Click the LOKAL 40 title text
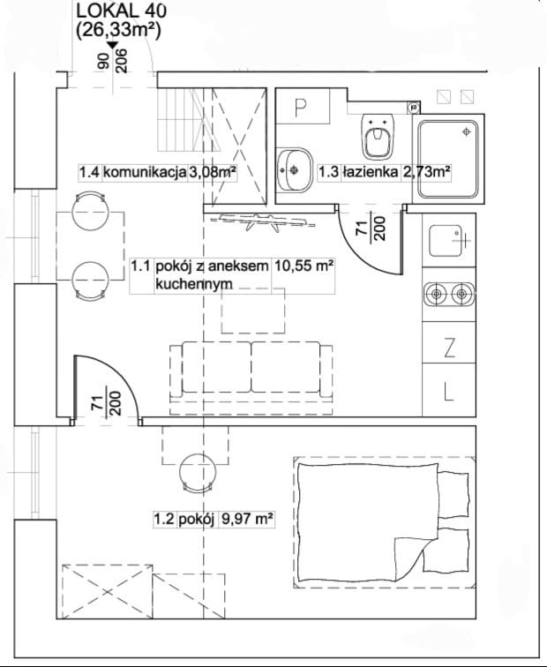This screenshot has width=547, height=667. (x=121, y=11)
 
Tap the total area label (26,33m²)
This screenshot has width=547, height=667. (x=119, y=31)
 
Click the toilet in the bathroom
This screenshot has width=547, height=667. (x=378, y=136)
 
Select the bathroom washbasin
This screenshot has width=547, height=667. (x=295, y=170)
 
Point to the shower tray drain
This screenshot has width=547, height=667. (x=467, y=131)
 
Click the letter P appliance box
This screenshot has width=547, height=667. (x=303, y=107)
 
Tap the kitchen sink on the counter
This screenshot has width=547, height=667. (x=447, y=241)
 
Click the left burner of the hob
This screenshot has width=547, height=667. (x=437, y=294)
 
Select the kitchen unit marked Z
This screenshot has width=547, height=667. (x=449, y=342)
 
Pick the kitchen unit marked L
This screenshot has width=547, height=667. (x=449, y=390)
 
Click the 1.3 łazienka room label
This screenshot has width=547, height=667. (x=384, y=172)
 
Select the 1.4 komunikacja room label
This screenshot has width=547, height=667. (x=157, y=173)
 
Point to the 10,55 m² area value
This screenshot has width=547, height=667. (x=303, y=266)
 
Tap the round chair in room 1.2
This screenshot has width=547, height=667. (x=198, y=473)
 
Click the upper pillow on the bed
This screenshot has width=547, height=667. (x=453, y=493)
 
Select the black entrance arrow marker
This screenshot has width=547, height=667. (x=112, y=45)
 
